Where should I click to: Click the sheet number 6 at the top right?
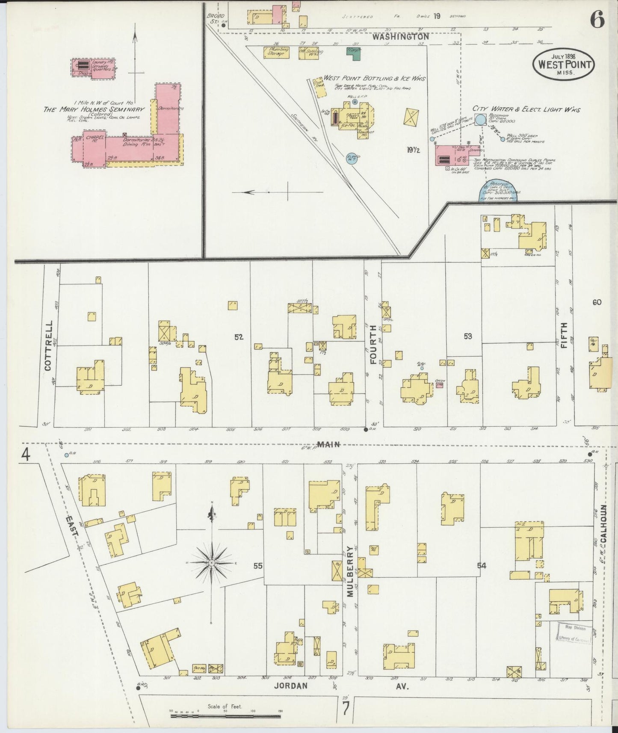pos(597,20)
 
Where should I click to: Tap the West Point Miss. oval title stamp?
pos(563,65)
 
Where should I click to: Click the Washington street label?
pos(400,37)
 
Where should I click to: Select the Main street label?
pos(329,444)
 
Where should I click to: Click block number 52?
pos(238,337)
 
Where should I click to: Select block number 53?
pos(467,337)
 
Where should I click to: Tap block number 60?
pos(597,302)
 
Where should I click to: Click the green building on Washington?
pos(353,53)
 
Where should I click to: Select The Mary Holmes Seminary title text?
pos(94,109)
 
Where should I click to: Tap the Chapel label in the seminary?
pos(93,138)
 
